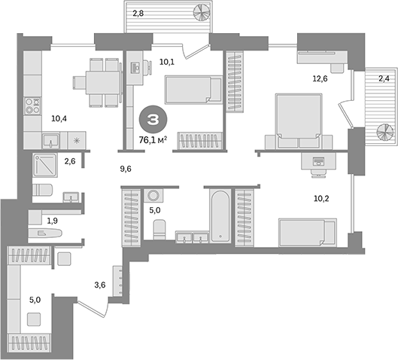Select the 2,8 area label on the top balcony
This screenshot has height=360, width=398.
pos(140,13)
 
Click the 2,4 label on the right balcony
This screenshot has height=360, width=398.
pos(383,78)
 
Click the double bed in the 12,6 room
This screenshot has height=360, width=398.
pos(296,121)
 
